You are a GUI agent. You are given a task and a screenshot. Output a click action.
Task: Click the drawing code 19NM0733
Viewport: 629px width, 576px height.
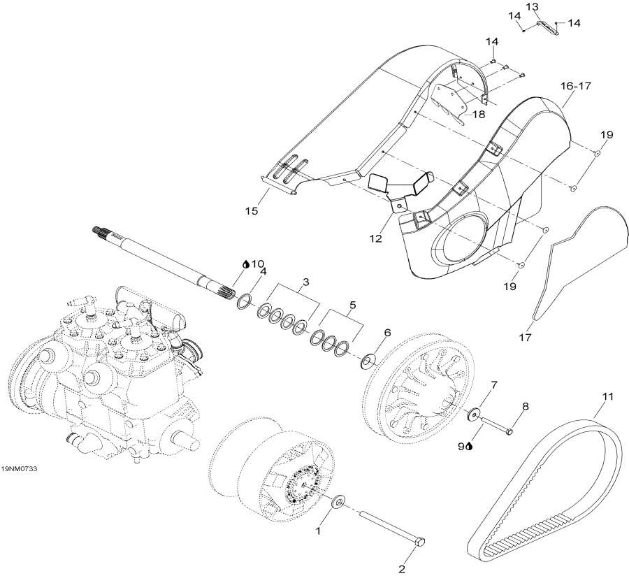[19, 468]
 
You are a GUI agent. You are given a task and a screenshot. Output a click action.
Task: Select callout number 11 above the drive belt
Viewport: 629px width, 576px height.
[607, 398]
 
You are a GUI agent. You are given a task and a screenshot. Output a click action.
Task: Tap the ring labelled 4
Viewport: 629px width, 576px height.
[245, 302]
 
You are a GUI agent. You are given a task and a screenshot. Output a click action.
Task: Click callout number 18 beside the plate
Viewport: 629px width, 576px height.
[477, 114]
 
